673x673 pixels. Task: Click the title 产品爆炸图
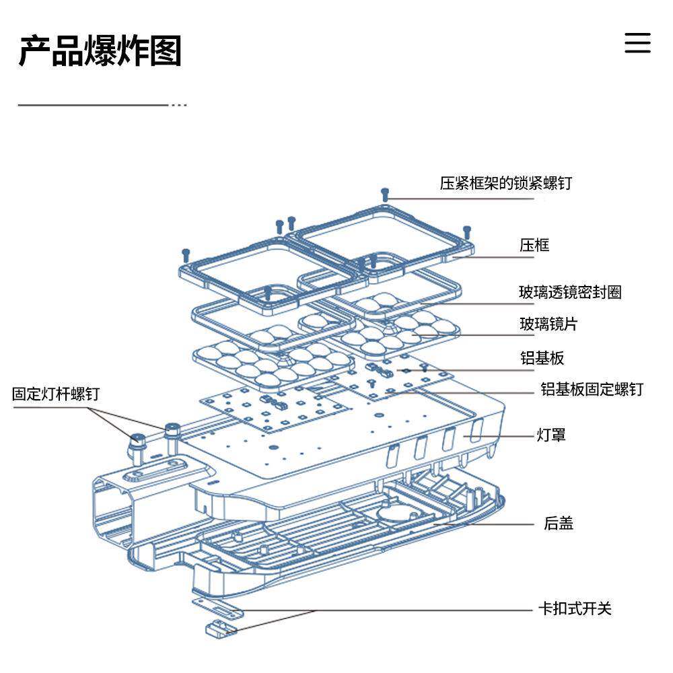tap(100, 51)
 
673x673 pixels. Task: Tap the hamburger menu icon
tap(637, 42)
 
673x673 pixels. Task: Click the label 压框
tap(534, 245)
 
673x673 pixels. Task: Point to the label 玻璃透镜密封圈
tap(569, 292)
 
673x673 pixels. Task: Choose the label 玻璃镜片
tap(548, 324)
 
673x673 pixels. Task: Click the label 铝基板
tap(542, 358)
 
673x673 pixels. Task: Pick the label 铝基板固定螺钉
tap(592, 389)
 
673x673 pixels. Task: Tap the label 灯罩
tap(551, 435)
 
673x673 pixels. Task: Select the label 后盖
tap(558, 523)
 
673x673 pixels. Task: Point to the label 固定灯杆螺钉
tap(55, 394)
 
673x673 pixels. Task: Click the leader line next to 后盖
tap(485, 523)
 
